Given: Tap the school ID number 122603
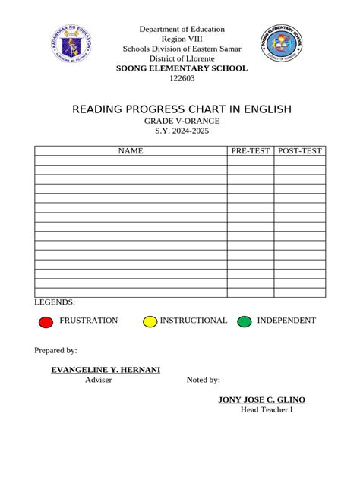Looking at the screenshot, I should [x=181, y=79].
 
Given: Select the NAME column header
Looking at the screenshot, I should [x=130, y=151].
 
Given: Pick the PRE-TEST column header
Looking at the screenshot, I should [x=250, y=151].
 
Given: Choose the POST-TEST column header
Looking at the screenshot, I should [x=300, y=151].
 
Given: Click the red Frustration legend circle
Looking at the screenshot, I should [x=46, y=321].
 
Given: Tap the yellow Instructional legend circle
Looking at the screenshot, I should [x=150, y=321].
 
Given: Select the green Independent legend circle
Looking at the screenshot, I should [x=244, y=321].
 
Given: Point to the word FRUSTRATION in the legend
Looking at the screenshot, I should [x=89, y=321].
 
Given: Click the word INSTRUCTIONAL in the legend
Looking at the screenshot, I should [x=194, y=321].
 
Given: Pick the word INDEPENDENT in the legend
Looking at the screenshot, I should [x=286, y=321].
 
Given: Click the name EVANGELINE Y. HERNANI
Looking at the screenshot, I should [x=106, y=369].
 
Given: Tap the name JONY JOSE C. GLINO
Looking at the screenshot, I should [x=262, y=399].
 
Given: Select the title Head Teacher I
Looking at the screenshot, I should [x=267, y=410].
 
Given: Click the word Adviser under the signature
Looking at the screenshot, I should [x=99, y=380].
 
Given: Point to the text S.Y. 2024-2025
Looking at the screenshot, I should [x=181, y=131].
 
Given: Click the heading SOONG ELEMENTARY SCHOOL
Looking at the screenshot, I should [x=181, y=68].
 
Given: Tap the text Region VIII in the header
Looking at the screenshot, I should [x=181, y=39].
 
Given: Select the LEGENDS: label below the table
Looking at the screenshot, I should [x=55, y=302].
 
